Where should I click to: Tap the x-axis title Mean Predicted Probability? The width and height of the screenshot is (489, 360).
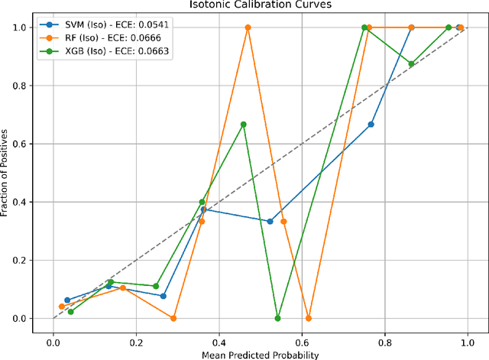pos(260,354)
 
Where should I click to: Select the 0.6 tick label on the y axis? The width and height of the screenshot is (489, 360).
pos(30,144)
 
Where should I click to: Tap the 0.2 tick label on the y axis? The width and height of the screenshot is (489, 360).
pos(30,260)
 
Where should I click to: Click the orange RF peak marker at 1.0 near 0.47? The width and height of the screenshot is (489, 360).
pos(248,28)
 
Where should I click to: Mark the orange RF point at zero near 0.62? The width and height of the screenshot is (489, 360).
pos(309,318)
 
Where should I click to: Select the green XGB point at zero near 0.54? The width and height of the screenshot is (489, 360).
pos(277,318)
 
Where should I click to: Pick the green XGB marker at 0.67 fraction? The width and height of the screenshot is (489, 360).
pos(244,125)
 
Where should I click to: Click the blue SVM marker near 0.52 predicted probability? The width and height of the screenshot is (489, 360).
pos(270,222)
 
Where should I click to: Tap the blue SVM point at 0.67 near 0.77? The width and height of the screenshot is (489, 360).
pos(371,125)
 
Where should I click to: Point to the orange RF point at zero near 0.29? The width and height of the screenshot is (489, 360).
pos(173,318)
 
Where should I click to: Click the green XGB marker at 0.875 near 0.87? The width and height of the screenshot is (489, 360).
pos(412,64)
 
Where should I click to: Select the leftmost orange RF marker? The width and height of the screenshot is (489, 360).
pos(62,306)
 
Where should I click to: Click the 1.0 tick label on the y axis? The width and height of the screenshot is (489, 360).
pos(30,28)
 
